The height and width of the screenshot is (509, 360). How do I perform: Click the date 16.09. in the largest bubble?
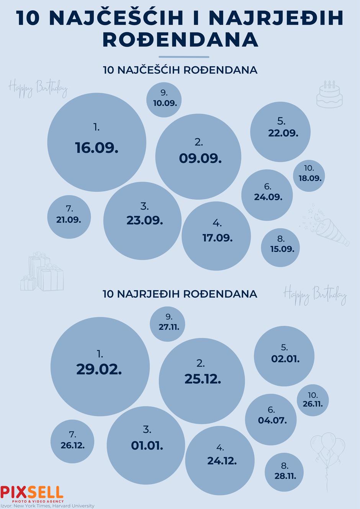coord(97,148)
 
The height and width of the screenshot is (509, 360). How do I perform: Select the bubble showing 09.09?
coord(198,157)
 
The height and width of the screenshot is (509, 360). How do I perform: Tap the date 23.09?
coord(145,221)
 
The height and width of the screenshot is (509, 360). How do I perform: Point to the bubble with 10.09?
coord(164,100)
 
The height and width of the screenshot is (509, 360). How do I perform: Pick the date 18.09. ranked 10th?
coord(310,178)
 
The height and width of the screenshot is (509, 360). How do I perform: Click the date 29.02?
coord(99,369)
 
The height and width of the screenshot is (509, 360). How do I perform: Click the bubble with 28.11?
coord(284,476)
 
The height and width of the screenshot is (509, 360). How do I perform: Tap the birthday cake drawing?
coord(329,94)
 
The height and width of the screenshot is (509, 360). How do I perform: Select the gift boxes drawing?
coord(42,273)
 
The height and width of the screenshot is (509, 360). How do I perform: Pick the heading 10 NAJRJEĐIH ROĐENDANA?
coord(180,294)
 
